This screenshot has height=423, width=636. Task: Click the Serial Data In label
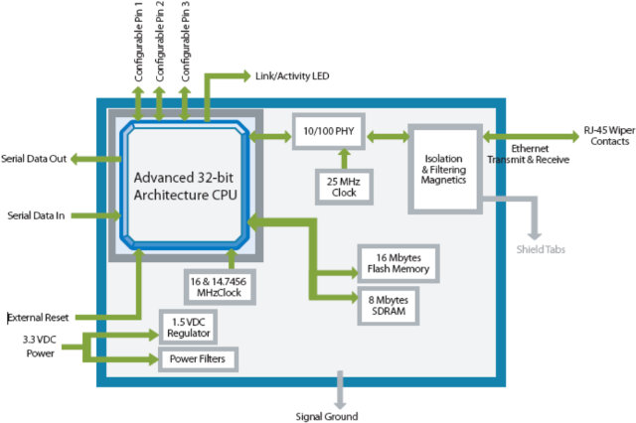pos(36,214)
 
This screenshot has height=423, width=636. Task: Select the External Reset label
pos(39,319)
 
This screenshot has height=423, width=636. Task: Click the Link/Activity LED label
pos(292,76)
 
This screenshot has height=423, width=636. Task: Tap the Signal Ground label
pos(327,416)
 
